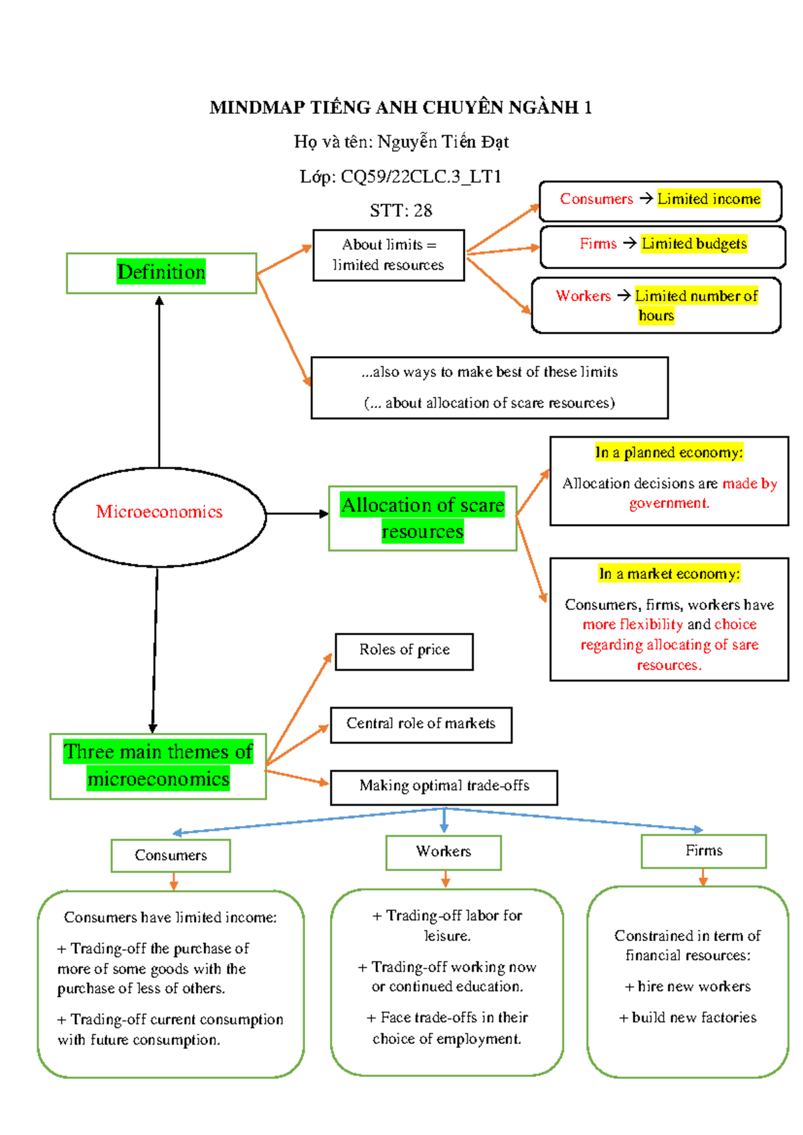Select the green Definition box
[x=161, y=273]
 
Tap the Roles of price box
[x=404, y=651]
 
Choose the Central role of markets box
[x=421, y=725]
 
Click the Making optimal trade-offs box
[x=444, y=787]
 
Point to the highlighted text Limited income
[x=709, y=199]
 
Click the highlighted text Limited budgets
[x=694, y=244]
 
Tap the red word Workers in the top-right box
[x=583, y=296]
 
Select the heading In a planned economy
[x=668, y=453]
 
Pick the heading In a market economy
[x=669, y=574]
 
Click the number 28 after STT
[x=422, y=211]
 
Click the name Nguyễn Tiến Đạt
[x=443, y=142]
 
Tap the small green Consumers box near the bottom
[x=171, y=855]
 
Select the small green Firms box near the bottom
[x=703, y=851]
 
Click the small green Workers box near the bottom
[x=443, y=852]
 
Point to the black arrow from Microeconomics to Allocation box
[x=298, y=514]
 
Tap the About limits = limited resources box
[x=388, y=255]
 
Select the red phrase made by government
[x=703, y=493]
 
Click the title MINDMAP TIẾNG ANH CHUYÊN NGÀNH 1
[x=400, y=108]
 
